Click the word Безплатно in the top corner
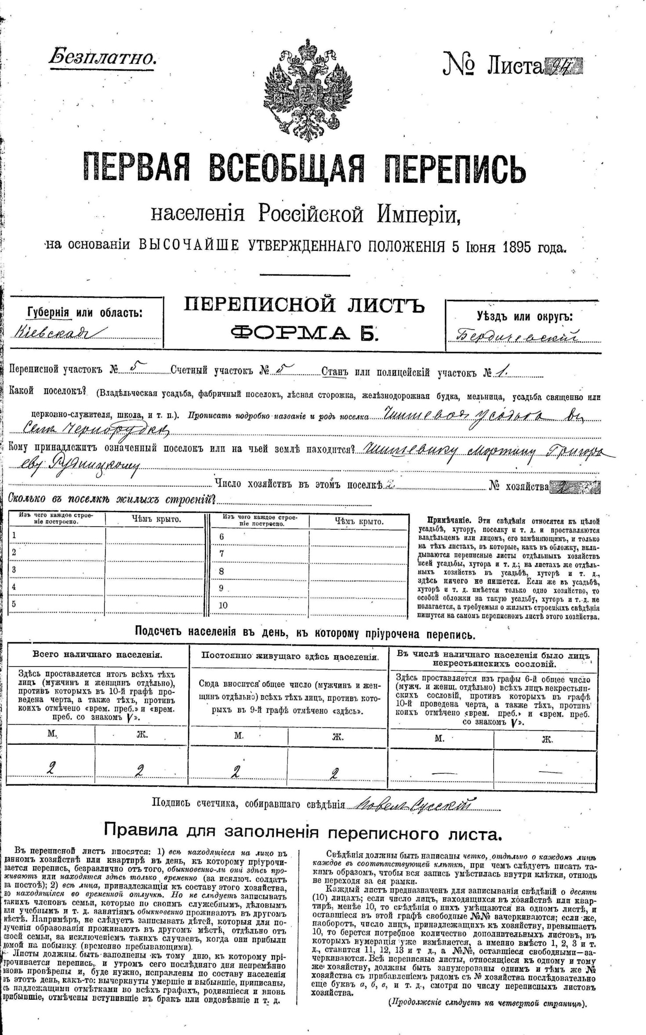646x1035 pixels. pyautogui.click(x=102, y=57)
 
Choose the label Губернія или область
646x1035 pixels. pyautogui.click(x=84, y=313)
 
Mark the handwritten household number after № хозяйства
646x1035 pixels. pyautogui.click(x=563, y=486)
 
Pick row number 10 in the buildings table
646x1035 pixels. pyautogui.click(x=223, y=605)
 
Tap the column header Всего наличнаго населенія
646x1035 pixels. pyautogui.click(x=98, y=654)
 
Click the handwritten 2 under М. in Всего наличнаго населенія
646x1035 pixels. pyautogui.click(x=52, y=769)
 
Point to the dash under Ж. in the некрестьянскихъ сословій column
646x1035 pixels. pyautogui.click(x=550, y=771)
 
